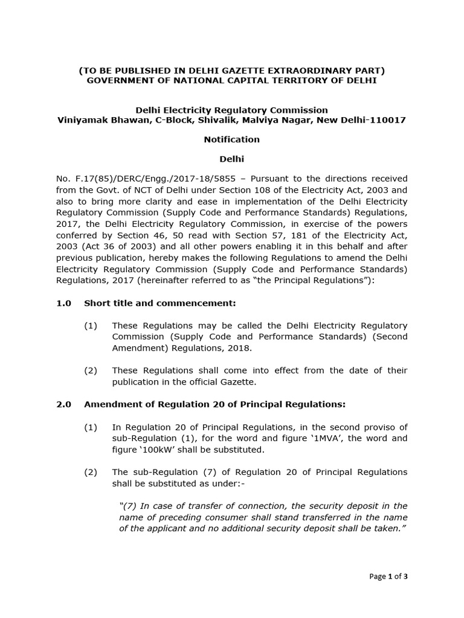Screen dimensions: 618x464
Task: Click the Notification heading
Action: (x=231, y=139)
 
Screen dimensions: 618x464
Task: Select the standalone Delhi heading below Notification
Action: (x=231, y=159)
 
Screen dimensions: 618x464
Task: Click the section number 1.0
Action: (x=64, y=303)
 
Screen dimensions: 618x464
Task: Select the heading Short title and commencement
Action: (x=160, y=303)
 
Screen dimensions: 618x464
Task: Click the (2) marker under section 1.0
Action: (x=91, y=371)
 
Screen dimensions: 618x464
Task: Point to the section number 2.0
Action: (x=64, y=404)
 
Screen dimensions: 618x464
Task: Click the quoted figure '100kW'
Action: (x=151, y=450)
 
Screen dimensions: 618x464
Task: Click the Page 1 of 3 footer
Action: (x=388, y=577)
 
